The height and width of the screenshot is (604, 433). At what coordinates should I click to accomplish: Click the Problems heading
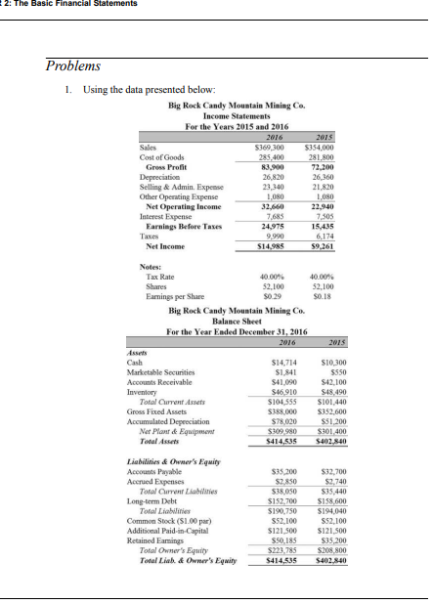point(73,65)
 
